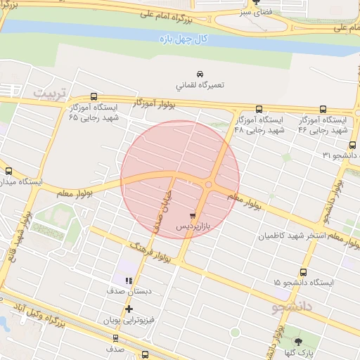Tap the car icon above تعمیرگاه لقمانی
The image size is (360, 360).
pyautogui.click(x=200, y=74)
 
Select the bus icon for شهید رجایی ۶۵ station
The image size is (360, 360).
pyautogui.click(x=94, y=98)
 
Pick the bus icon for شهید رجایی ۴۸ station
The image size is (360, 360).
pyautogui.click(x=259, y=110)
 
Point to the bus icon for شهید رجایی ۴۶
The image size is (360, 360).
pyautogui.click(x=323, y=110)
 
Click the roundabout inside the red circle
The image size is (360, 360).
pyautogui.click(x=210, y=184)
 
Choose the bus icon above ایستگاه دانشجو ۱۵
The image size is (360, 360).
pyautogui.click(x=303, y=272)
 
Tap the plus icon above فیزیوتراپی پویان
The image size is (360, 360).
pyautogui.click(x=129, y=309)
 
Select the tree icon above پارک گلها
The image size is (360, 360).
pyautogui.click(x=298, y=341)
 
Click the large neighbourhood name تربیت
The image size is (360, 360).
pyautogui.click(x=53, y=93)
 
